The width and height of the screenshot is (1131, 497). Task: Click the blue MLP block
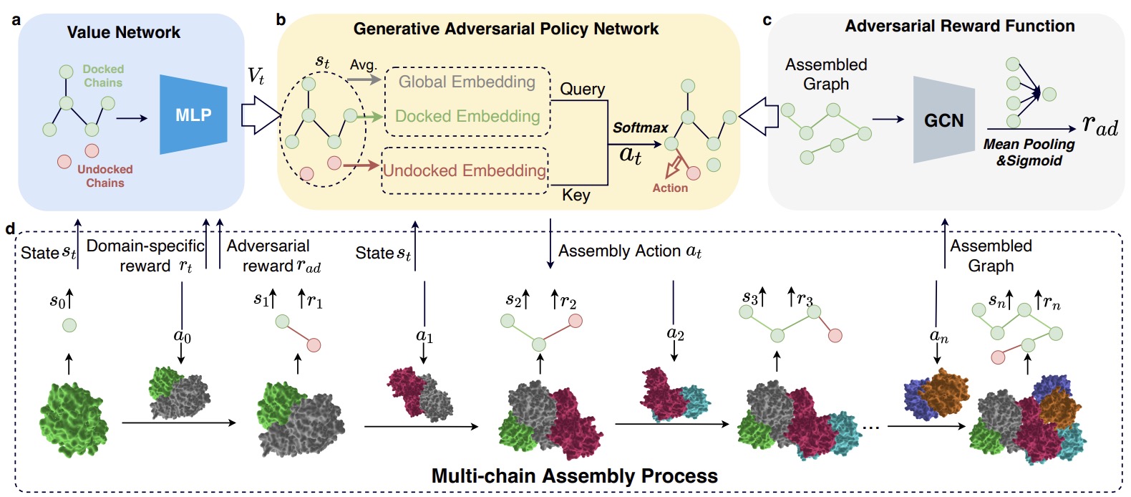click(193, 115)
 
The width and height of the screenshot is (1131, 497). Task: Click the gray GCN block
click(943, 120)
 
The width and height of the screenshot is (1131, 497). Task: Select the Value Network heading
click(123, 32)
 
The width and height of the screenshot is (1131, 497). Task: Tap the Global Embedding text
click(467, 82)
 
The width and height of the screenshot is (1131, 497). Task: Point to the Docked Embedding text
click(467, 116)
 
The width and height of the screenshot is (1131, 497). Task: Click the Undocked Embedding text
click(465, 170)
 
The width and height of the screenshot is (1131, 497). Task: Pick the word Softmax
click(640, 127)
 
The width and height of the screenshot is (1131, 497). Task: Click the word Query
click(582, 89)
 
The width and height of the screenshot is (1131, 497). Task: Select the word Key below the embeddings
click(576, 195)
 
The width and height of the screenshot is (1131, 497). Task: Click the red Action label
click(670, 188)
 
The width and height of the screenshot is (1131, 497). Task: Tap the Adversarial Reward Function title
click(959, 26)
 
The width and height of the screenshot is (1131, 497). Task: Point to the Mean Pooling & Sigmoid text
click(1029, 152)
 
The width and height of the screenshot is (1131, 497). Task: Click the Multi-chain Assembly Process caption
click(574, 476)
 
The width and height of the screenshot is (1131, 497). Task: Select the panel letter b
click(281, 19)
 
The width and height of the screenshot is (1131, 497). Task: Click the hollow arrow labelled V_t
click(260, 115)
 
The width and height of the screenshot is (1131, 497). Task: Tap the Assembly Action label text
click(629, 251)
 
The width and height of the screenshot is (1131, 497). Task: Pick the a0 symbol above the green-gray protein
click(182, 335)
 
